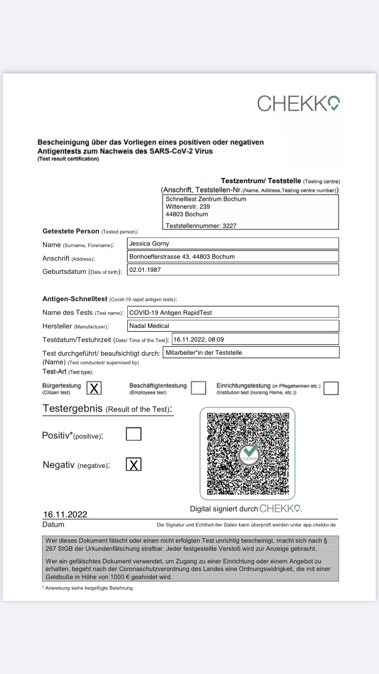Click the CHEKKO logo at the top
pos(298,103)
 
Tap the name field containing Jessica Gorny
pos(232,244)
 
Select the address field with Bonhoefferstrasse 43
pos(232,257)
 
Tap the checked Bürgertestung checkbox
pos(94,388)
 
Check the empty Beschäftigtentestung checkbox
pos(198,388)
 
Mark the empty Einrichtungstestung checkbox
pos(331,388)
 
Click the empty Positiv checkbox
pos(133,434)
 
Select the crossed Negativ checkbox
pos(133,465)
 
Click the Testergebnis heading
pos(107,409)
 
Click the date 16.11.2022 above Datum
pos(65,514)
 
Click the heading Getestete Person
pos(71,231)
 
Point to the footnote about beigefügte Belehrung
pos(88,588)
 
